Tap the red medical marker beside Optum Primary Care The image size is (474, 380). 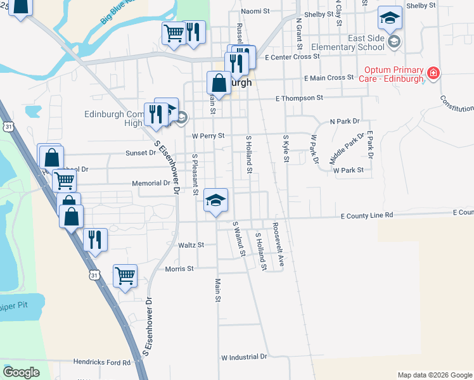[x=433, y=73]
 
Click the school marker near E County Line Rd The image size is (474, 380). [x=216, y=201]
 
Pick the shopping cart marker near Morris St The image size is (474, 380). [x=125, y=275]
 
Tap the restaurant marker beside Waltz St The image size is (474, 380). [x=95, y=240]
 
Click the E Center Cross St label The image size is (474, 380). [x=292, y=57]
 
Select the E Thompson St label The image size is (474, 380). [x=299, y=98]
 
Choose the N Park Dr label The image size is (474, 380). [x=344, y=121]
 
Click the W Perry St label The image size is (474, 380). [x=208, y=136]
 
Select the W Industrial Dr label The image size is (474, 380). [x=244, y=357]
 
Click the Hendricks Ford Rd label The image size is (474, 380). [x=101, y=362]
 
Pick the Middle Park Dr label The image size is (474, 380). [x=347, y=148]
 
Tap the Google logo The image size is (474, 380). [x=21, y=372]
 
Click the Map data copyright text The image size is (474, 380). [x=435, y=375]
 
